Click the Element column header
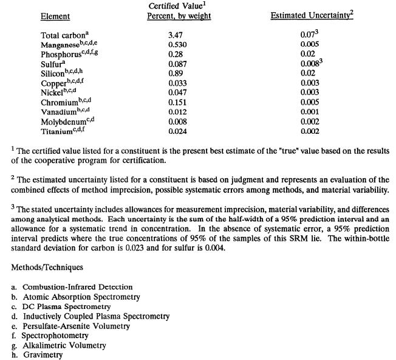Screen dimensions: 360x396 pyautogui.click(x=55, y=16)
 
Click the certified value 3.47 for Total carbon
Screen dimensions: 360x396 pyautogui.click(x=176, y=35)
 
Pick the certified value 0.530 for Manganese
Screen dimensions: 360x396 pyautogui.click(x=177, y=45)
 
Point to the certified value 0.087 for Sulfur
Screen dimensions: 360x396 pyautogui.click(x=177, y=64)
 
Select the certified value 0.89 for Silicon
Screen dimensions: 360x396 pyautogui.click(x=176, y=74)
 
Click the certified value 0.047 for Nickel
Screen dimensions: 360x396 pyautogui.click(x=177, y=92)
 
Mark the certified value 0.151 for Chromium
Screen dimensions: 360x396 pyautogui.click(x=177, y=102)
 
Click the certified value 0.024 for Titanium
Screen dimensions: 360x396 pyautogui.click(x=177, y=131)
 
